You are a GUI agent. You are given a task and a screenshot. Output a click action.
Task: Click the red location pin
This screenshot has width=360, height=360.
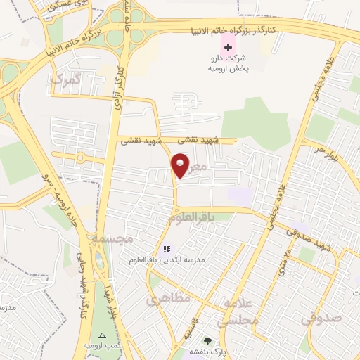pos(181,165)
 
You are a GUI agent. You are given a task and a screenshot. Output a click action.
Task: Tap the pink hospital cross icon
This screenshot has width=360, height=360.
pos(227,46)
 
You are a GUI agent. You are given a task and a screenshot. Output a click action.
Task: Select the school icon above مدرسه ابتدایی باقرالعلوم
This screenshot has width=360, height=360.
pos(167,248)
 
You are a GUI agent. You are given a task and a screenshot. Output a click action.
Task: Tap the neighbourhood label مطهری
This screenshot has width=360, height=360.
pos(169,299)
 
